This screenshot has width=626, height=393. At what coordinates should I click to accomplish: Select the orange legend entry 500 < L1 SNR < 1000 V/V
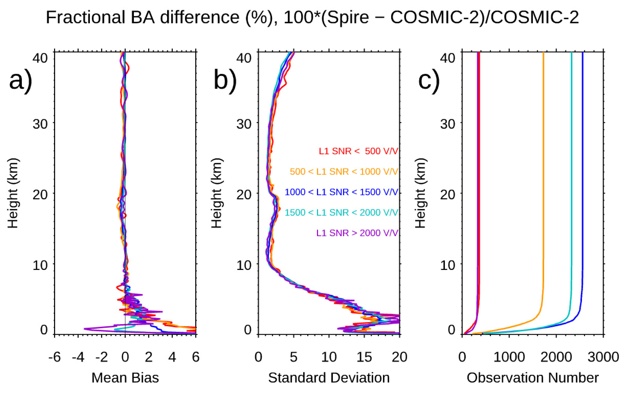[344, 172]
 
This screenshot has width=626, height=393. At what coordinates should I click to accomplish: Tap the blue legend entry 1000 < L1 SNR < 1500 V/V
[341, 192]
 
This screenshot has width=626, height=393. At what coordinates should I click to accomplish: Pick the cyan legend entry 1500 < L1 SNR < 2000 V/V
[341, 213]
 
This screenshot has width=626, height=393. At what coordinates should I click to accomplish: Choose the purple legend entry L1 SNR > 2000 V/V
[357, 233]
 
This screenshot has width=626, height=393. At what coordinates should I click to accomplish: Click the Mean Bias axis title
[125, 378]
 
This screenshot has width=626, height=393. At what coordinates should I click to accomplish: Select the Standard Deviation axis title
[329, 378]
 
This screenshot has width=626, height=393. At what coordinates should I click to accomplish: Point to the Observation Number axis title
[533, 378]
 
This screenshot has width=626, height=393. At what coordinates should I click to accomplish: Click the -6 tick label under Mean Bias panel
[54, 357]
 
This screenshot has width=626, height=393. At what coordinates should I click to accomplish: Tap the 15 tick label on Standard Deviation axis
[364, 357]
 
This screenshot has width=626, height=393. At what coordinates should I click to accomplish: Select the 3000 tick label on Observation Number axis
[603, 357]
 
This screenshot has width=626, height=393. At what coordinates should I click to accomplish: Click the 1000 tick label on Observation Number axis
[509, 357]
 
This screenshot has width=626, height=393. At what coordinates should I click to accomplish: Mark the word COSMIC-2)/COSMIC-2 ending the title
[484, 18]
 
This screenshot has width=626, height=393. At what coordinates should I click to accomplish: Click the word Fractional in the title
[86, 18]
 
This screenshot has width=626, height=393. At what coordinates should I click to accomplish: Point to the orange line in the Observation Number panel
[543, 182]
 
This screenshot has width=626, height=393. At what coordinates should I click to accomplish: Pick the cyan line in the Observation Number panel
[571, 182]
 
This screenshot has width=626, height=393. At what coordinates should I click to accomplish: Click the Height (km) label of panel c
[420, 193]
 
